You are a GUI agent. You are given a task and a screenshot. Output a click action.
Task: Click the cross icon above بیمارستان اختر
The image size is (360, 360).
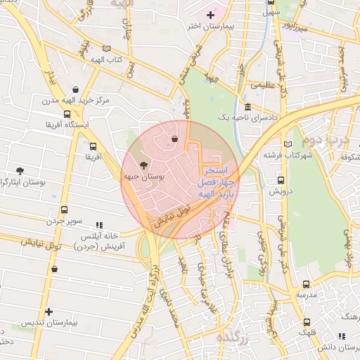(210, 15)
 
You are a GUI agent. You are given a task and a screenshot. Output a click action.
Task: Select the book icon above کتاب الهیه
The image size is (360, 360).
(106, 49)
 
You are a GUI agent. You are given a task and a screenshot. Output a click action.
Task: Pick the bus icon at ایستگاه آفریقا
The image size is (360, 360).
(67, 113)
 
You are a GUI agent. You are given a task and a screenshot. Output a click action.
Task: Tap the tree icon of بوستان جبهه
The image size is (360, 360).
(144, 166)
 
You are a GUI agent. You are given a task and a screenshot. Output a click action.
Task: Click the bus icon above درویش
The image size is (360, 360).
(281, 179)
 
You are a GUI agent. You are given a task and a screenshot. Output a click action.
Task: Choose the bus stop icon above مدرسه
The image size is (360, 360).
(305, 284)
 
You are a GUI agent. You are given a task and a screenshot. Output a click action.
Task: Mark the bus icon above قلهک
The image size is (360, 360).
(305, 319)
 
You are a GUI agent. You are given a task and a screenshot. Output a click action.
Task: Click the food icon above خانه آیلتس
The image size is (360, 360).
(89, 225)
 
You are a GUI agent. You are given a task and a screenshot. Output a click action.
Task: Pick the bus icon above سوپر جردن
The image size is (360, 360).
(65, 210)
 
